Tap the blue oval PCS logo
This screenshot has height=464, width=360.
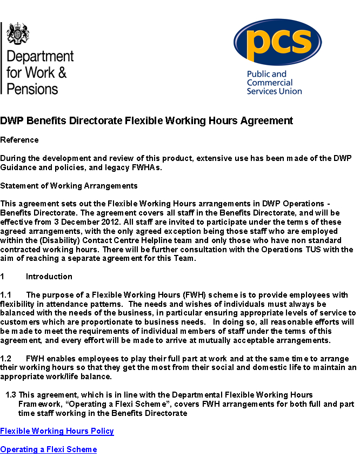(277, 42)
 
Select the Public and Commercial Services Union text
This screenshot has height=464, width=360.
(274, 83)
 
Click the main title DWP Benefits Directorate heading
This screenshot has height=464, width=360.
(146, 120)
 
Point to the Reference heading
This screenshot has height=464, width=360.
(19, 140)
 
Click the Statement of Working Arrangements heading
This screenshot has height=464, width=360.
(69, 186)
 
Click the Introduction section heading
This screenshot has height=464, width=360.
(49, 277)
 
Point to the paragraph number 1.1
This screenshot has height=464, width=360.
(6, 295)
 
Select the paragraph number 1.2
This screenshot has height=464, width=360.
(6, 359)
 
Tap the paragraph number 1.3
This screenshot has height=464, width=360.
(11, 395)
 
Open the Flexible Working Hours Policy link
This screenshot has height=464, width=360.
(57, 431)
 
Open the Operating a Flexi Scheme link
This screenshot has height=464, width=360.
(49, 449)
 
